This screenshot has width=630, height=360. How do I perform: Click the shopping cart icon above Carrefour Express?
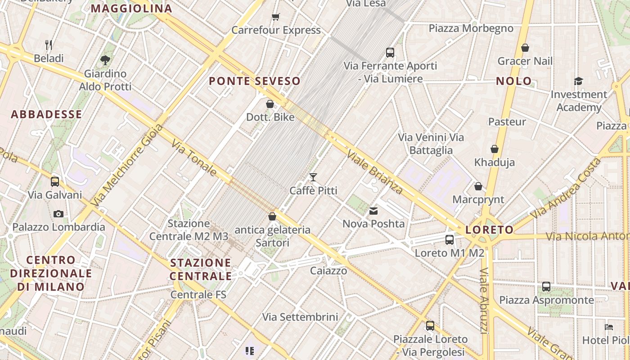click(x=276, y=17)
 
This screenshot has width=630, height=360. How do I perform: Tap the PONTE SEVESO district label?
click(x=255, y=81)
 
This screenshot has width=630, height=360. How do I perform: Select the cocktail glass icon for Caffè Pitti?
click(x=313, y=177)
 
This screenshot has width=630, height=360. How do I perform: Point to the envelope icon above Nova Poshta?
click(x=373, y=210)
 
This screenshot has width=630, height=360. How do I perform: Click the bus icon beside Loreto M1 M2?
click(x=450, y=239)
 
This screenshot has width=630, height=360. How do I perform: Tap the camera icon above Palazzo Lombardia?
click(x=58, y=214)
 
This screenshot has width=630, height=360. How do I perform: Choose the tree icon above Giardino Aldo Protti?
click(x=105, y=59)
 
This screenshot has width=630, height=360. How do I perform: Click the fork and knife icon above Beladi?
click(x=49, y=45)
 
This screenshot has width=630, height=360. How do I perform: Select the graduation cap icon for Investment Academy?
click(x=578, y=81)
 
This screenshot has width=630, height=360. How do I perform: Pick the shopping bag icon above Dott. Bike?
click(x=270, y=104)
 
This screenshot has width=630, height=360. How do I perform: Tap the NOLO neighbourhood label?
click(x=514, y=81)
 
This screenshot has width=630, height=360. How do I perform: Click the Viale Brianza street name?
click(x=374, y=171)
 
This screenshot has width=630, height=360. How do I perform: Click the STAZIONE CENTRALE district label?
click(x=201, y=269)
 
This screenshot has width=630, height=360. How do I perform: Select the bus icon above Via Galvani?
click(x=55, y=181)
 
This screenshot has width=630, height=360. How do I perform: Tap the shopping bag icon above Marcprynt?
click(x=478, y=186)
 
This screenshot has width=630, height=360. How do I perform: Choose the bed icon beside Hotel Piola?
click(x=609, y=327)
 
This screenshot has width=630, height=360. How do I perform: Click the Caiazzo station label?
click(x=328, y=270)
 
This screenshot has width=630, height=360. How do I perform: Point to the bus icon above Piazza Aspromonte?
click(x=546, y=286)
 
